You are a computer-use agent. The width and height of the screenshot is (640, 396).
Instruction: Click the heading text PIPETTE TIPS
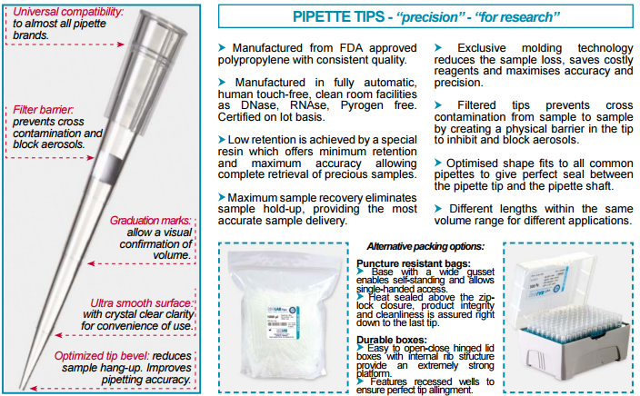(339, 16)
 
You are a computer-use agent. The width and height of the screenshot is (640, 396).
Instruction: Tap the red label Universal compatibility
(68, 12)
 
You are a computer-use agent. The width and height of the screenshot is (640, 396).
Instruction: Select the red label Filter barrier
(43, 110)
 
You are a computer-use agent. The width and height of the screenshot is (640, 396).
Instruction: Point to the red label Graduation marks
(150, 221)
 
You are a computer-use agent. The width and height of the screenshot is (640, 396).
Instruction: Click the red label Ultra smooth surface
(141, 303)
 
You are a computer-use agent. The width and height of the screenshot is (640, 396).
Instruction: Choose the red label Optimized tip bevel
(102, 356)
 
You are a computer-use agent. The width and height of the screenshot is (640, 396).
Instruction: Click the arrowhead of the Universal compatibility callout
(121, 45)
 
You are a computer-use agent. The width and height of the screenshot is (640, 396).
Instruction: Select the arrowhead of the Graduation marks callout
(91, 263)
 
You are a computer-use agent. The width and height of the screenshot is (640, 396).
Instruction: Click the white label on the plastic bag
(283, 322)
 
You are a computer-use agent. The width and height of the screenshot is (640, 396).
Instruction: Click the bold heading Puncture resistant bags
(413, 263)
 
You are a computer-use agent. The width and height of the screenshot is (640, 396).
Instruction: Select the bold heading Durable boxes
(392, 340)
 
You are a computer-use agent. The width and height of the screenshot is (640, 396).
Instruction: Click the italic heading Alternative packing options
(425, 246)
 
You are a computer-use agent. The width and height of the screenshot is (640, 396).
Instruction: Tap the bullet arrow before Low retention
(222, 140)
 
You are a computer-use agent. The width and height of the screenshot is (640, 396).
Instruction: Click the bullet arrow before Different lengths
(438, 208)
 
